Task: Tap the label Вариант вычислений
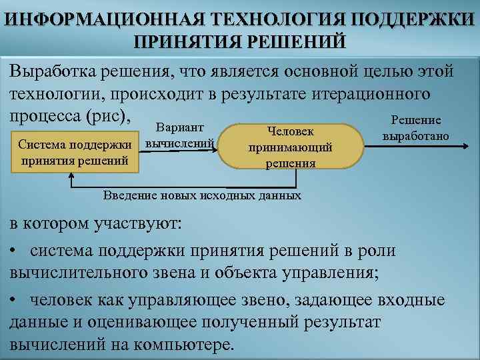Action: point(179,135)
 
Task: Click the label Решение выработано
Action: point(416,129)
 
